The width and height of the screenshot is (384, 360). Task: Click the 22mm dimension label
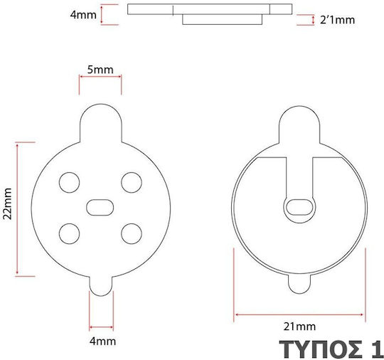[x=7, y=204]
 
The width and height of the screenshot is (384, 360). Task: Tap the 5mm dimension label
[x=100, y=70]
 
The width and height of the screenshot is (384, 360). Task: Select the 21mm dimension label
[x=299, y=327]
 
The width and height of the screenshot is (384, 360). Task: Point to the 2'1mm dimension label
[x=337, y=20]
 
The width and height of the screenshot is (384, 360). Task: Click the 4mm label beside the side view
[x=83, y=15]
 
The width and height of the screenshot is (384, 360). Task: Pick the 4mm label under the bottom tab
[x=102, y=342]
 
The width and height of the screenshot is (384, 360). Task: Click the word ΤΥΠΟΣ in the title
[x=321, y=349]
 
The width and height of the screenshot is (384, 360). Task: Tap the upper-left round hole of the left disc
[x=69, y=183]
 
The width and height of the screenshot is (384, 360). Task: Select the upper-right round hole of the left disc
[x=132, y=183]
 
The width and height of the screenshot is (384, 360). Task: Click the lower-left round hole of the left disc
[x=69, y=234]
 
